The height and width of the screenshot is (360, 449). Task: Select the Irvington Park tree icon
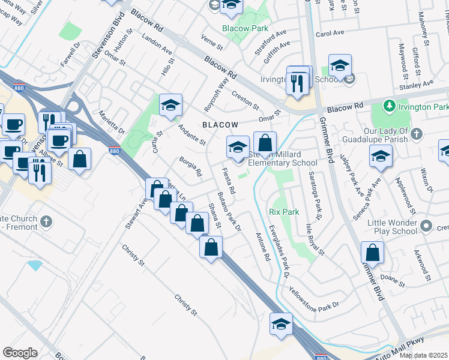click(x=389, y=106)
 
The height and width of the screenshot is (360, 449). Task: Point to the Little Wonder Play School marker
click(x=426, y=226)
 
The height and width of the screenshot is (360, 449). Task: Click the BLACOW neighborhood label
click(x=220, y=124)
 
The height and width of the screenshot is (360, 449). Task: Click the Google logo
click(x=20, y=353)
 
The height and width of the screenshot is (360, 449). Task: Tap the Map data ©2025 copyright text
click(x=423, y=355)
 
